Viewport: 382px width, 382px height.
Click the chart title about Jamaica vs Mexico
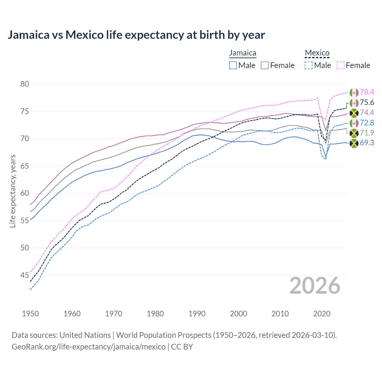136,35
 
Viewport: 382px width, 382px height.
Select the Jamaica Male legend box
233,65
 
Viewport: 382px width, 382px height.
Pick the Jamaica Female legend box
265,65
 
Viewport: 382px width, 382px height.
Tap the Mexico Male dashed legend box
309,65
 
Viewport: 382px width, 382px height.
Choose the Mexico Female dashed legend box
341,65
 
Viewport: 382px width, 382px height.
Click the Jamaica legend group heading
243,53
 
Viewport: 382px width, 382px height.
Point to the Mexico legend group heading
317,53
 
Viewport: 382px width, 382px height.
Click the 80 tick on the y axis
25,84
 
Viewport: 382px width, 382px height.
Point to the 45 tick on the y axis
25,275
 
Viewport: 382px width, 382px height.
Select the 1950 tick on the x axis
30,314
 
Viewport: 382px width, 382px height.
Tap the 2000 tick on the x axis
238,314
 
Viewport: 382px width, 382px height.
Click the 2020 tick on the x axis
322,314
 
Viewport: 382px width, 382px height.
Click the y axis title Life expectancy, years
13,191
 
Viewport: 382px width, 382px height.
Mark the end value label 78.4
367,92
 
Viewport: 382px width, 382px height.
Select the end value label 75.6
367,103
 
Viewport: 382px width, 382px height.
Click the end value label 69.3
367,143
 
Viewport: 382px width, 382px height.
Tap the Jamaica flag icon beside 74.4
354,113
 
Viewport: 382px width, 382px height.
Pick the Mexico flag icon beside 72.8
354,123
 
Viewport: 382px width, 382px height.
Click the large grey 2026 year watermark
315,286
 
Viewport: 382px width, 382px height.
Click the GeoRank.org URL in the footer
89,347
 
